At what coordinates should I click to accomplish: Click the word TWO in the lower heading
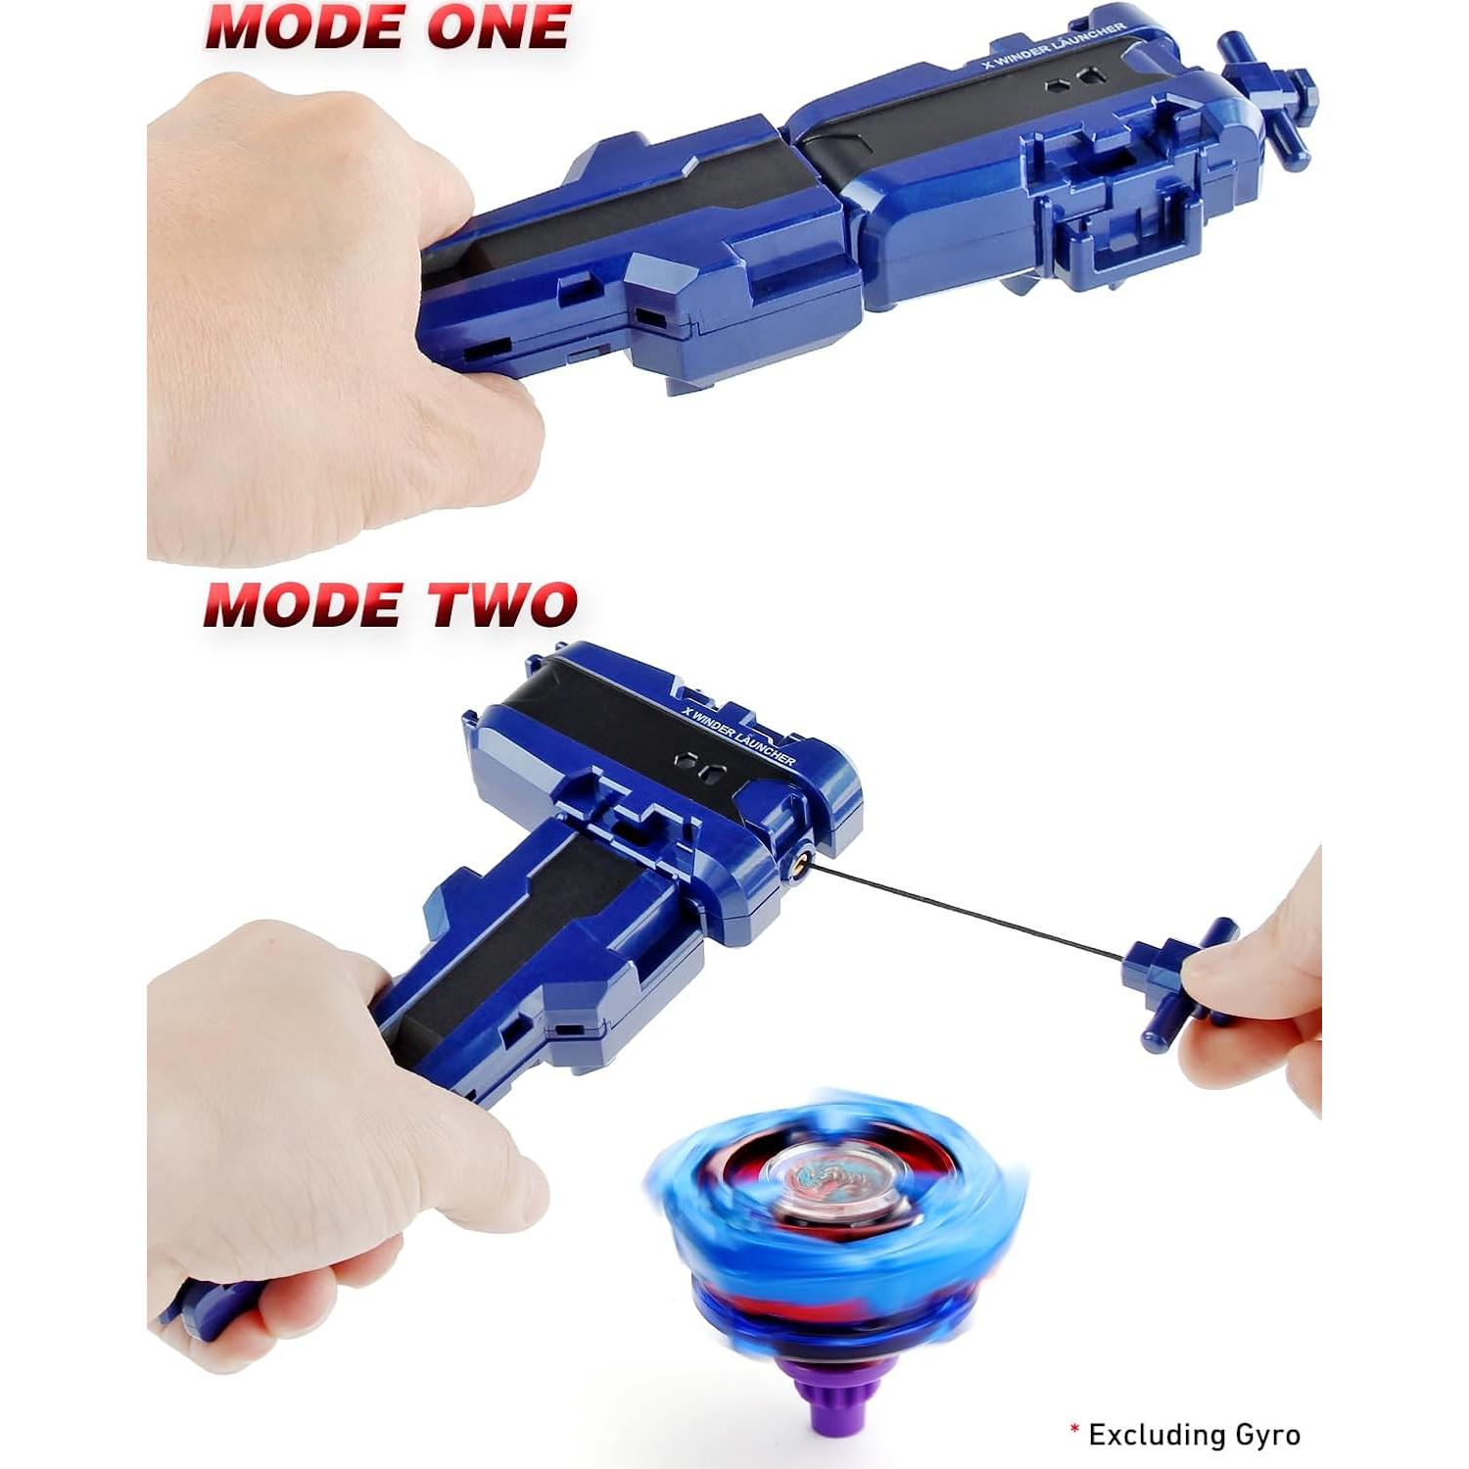pyautogui.click(x=503, y=604)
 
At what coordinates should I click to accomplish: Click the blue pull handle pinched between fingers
pyautogui.click(x=1175, y=979)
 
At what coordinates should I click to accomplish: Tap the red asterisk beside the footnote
pyautogui.click(x=1074, y=1430)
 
